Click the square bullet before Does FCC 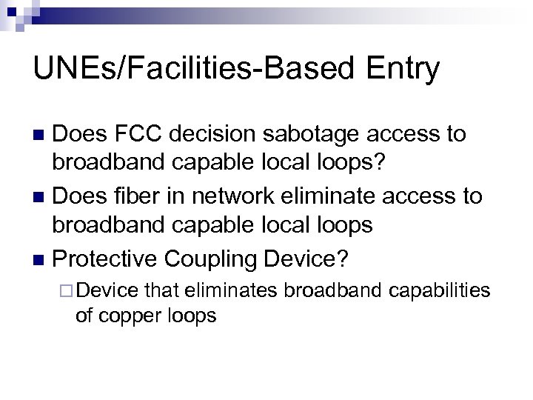39,136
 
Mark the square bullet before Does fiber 39,198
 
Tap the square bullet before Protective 39,260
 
